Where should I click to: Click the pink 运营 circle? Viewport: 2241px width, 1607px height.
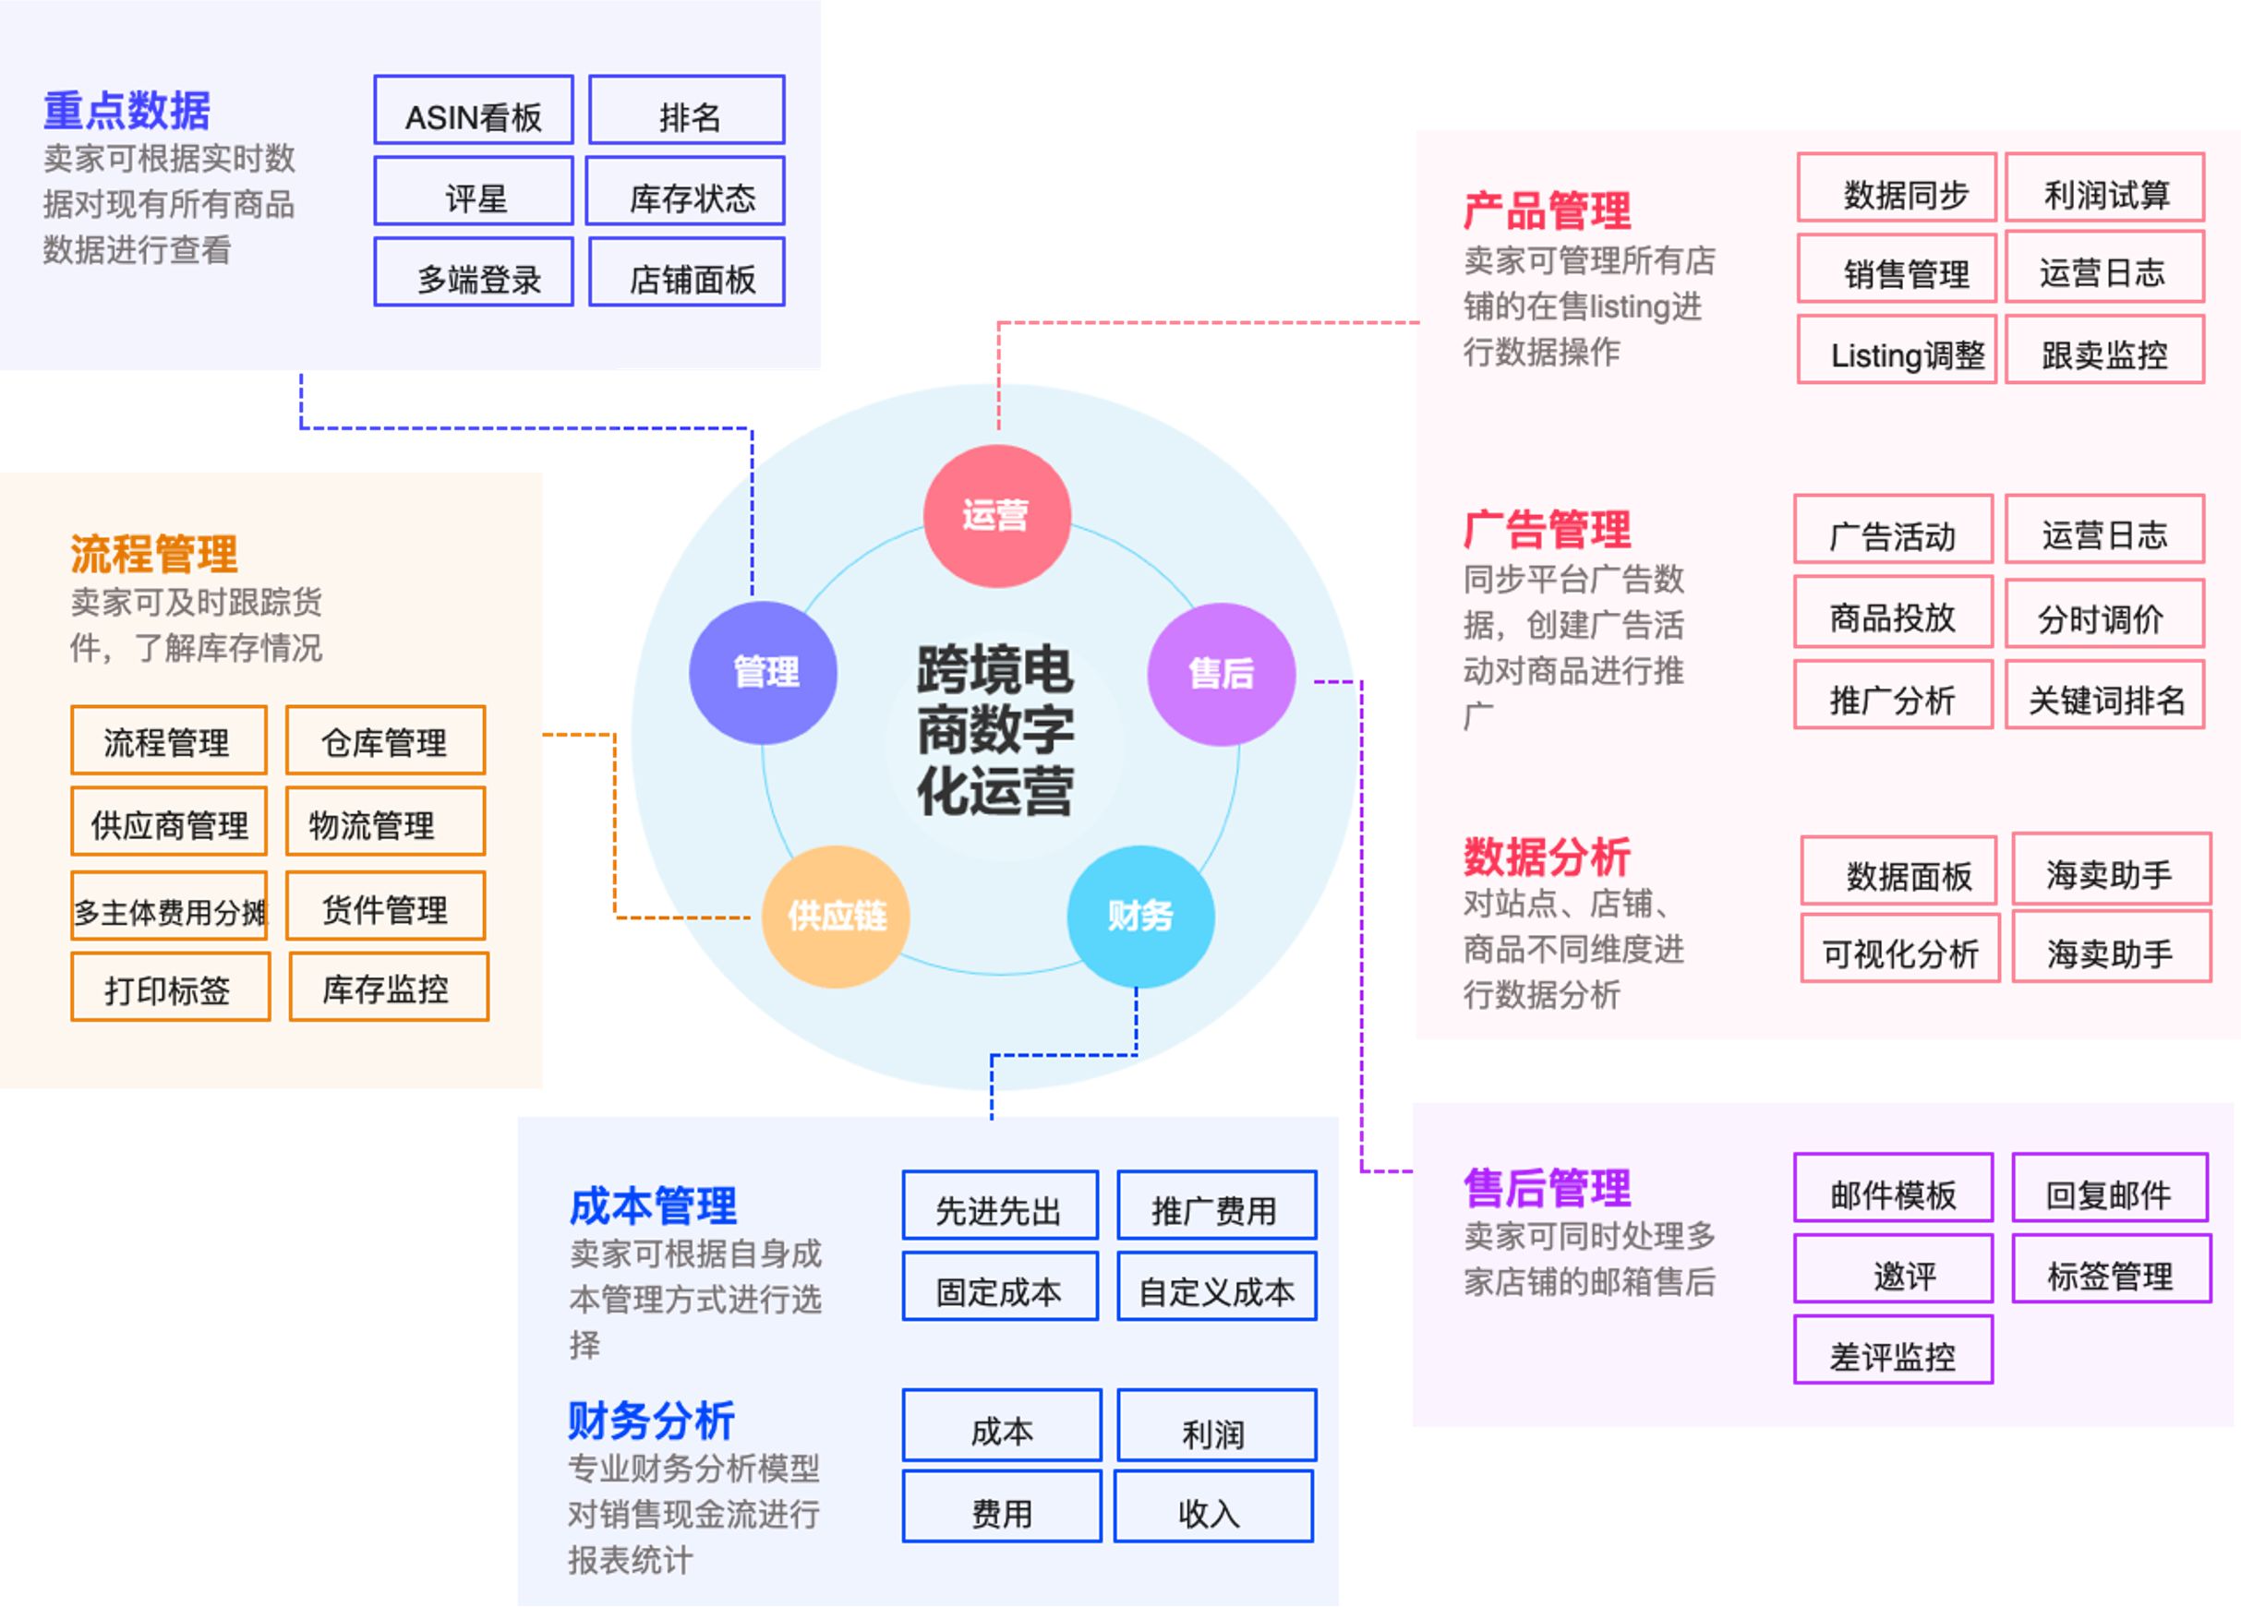point(996,515)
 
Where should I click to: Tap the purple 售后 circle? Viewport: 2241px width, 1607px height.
point(1221,674)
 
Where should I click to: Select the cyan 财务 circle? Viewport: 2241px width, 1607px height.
point(1139,916)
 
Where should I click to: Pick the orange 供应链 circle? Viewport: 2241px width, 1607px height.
point(836,916)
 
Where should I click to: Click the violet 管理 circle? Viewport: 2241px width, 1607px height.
point(763,673)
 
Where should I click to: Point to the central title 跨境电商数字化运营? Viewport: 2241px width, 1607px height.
point(995,731)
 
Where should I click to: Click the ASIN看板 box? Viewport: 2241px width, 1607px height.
point(474,111)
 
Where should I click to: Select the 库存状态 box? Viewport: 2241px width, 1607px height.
point(685,192)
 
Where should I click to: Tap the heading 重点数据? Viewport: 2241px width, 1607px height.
point(127,111)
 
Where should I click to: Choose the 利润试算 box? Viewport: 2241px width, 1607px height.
point(2104,187)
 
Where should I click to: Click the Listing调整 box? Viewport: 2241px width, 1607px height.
point(1897,351)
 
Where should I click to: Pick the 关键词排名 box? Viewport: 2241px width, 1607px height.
point(2104,695)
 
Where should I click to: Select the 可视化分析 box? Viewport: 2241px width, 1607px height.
point(1899,948)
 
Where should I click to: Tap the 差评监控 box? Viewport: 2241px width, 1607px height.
point(1892,1350)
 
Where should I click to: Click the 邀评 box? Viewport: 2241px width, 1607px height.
point(1892,1269)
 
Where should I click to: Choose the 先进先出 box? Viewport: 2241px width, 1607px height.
point(1000,1205)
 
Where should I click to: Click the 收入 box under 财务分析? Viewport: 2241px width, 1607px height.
point(1212,1507)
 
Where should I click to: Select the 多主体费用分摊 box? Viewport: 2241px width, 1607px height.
point(169,906)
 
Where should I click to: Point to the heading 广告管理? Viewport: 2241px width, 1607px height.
point(1547,531)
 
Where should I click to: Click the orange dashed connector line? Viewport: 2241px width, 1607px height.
point(615,830)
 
